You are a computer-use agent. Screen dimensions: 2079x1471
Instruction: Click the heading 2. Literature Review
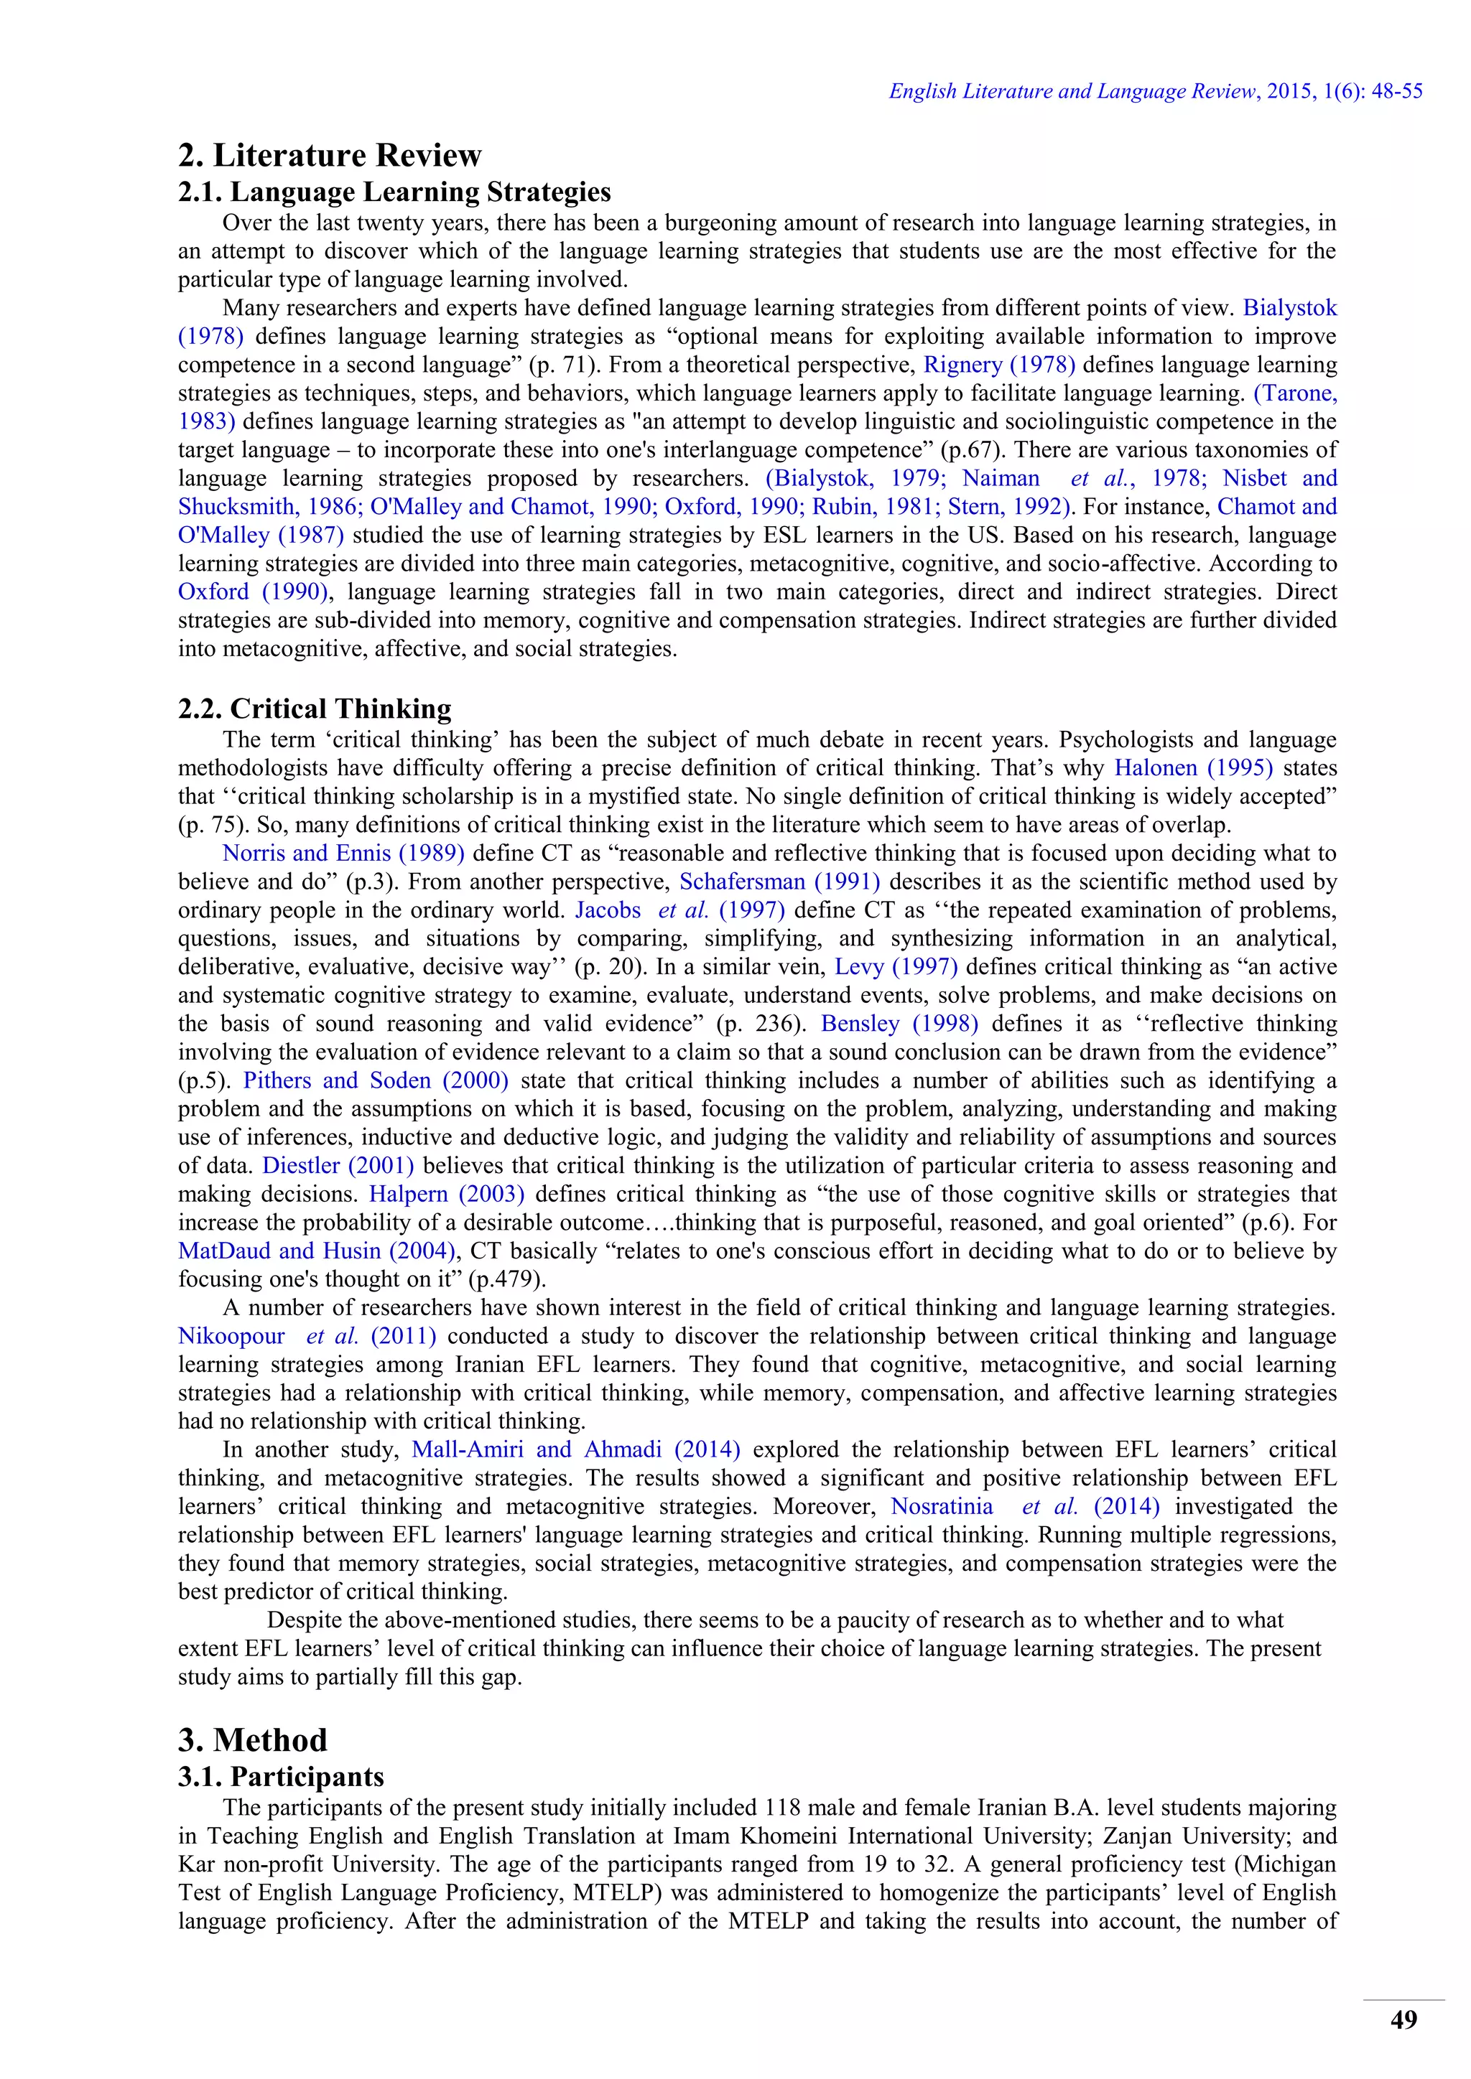click(x=330, y=155)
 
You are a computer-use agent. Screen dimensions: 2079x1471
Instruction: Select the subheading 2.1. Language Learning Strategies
click(x=394, y=192)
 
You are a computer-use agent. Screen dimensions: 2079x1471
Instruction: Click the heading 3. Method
click(x=253, y=1740)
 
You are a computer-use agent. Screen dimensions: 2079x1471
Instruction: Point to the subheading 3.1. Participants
click(x=281, y=1777)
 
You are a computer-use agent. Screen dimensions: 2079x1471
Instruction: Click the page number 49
click(x=1403, y=2020)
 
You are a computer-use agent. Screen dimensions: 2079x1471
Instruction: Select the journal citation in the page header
click(x=1155, y=91)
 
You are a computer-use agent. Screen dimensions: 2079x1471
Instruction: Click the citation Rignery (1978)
click(x=998, y=365)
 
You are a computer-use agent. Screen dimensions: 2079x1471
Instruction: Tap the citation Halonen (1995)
click(x=1193, y=768)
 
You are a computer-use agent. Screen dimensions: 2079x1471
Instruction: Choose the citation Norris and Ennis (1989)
click(x=343, y=853)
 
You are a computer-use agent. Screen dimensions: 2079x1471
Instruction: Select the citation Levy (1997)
click(x=895, y=967)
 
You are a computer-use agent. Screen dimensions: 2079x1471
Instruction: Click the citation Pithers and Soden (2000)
click(x=375, y=1080)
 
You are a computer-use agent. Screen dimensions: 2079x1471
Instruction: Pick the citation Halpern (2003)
click(x=447, y=1195)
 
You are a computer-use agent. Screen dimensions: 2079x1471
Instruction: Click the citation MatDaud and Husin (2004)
click(x=316, y=1251)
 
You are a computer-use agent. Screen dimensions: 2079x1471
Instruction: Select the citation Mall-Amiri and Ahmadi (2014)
click(x=575, y=1449)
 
